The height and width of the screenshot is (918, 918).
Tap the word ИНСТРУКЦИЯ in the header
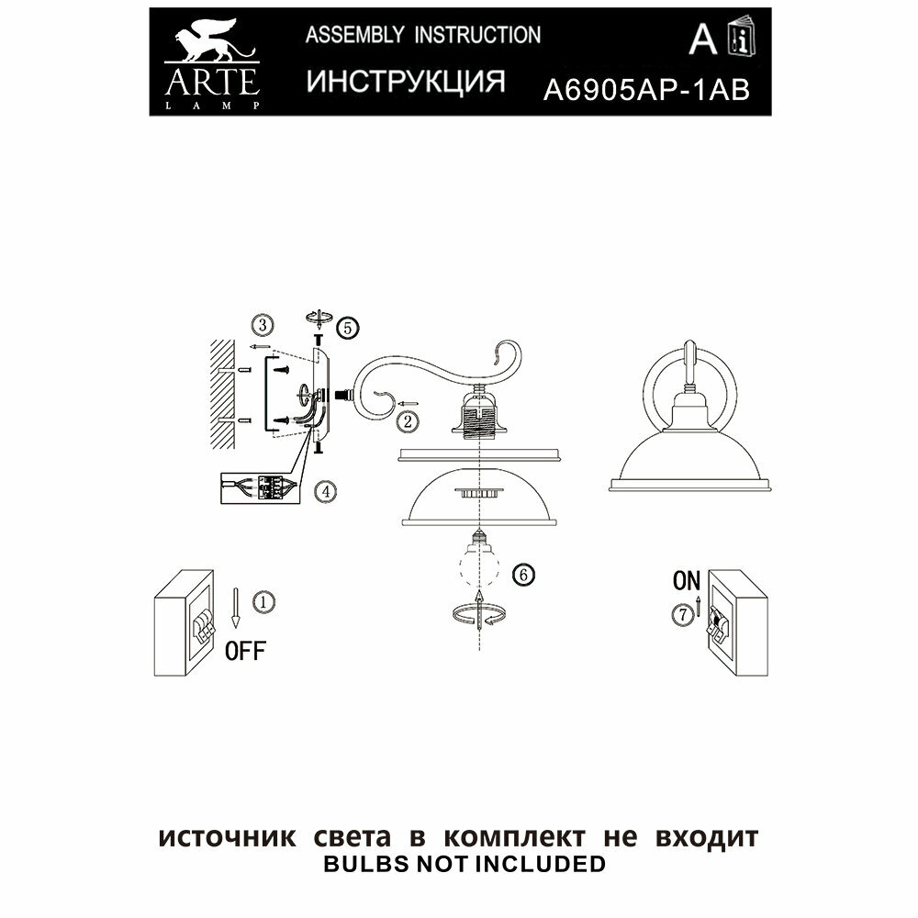(405, 82)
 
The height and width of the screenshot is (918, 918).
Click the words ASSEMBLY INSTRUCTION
(422, 36)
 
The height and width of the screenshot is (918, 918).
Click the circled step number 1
(263, 602)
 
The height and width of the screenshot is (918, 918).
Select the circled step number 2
(408, 421)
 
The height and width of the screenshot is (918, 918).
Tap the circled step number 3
(262, 325)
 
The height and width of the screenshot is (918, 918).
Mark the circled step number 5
(347, 327)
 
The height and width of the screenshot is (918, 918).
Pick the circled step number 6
(522, 576)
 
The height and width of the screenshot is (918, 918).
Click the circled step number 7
(681, 616)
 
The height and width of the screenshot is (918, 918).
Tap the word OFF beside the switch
(245, 652)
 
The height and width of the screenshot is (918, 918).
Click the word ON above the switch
(686, 580)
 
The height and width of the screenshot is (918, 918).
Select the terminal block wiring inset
(260, 488)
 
